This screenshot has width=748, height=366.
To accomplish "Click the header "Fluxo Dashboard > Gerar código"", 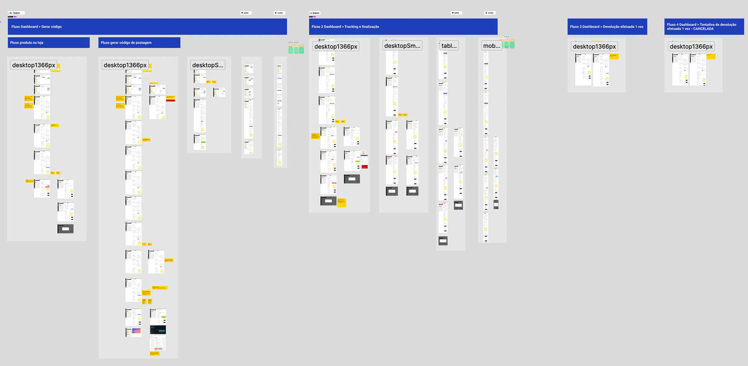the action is pos(37,27).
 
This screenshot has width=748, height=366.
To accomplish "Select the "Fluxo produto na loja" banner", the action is pos(27,43).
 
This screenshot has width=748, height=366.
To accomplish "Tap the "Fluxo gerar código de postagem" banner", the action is pos(126,43).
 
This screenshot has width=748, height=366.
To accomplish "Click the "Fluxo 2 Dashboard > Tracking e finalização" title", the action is pos(345,27).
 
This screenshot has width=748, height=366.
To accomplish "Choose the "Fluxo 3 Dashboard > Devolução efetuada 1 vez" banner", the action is pos(607,27).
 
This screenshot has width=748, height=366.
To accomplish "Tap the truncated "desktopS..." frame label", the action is pos(208,65).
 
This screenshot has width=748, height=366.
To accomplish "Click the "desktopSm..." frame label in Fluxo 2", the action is pos(402,46).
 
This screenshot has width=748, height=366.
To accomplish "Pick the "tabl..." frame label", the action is pos(449,46).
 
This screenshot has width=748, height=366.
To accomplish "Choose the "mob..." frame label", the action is pos(492,46).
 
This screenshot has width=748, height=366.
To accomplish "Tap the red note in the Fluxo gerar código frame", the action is pos(171,100).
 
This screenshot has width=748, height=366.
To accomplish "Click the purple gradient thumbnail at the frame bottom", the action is pos(136,331).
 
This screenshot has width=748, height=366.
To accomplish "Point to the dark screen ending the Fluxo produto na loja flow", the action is pos(65,229).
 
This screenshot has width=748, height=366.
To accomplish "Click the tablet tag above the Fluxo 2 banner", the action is pos(456,13).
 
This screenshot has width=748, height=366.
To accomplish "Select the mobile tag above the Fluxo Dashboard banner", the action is pos(279,13).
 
